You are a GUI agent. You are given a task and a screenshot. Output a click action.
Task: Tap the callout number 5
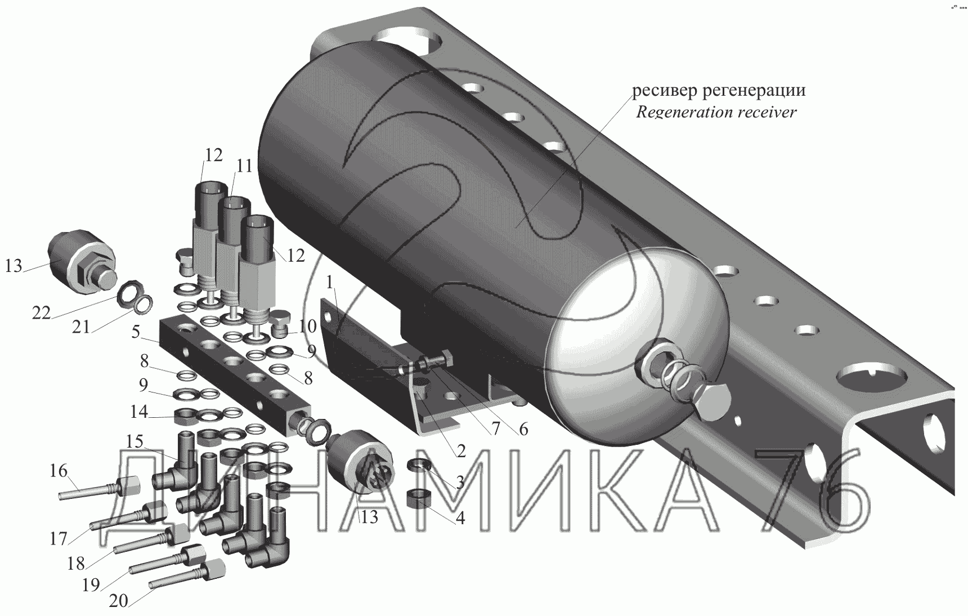click(136, 332)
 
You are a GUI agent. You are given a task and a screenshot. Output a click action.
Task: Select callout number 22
click(42, 313)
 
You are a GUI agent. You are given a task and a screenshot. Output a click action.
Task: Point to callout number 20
click(118, 601)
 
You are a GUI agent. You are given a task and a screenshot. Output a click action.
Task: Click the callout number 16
click(59, 470)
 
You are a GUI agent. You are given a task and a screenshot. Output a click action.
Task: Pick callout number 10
click(308, 326)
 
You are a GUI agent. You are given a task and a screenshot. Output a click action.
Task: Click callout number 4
click(460, 517)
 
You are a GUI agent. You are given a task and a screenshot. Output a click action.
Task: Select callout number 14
click(139, 412)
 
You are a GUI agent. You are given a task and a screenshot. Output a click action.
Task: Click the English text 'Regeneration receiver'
click(716, 112)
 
